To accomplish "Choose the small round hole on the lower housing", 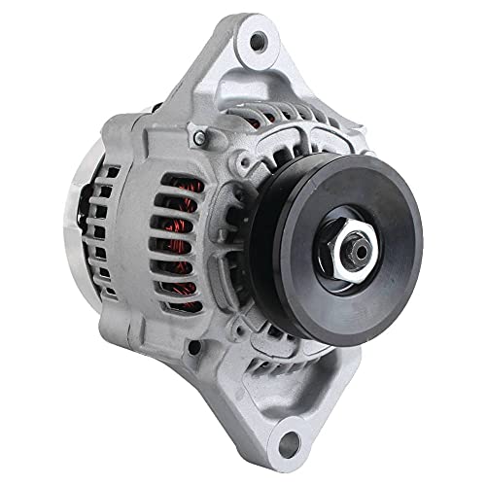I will (x=195, y=346).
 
